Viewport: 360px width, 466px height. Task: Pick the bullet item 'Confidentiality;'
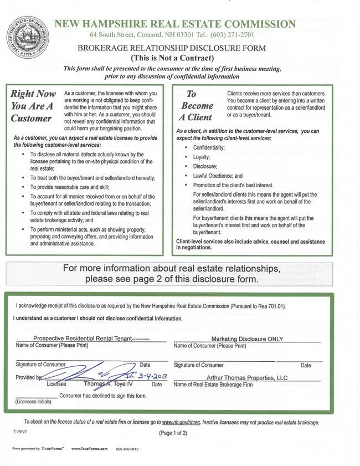point(209,148)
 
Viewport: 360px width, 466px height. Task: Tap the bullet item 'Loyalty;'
point(202,157)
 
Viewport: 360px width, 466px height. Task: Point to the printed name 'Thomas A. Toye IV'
point(109,383)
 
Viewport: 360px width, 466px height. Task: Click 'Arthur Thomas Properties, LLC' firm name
point(247,377)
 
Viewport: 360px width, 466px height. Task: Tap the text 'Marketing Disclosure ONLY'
point(247,339)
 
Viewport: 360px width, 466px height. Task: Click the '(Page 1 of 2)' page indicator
point(173,432)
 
